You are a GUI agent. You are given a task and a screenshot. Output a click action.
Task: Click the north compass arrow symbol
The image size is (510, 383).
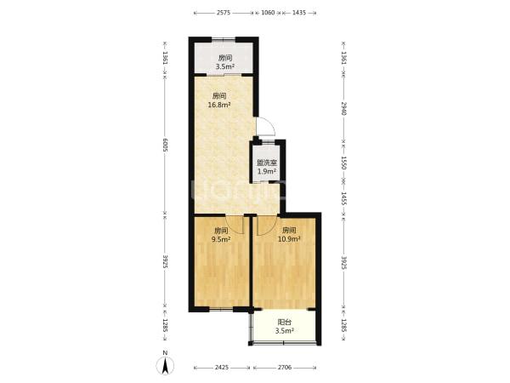(x=165, y=365)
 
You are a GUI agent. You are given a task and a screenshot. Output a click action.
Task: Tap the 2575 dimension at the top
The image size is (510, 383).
(x=224, y=13)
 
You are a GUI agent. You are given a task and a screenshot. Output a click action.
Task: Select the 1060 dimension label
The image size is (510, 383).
(x=268, y=13)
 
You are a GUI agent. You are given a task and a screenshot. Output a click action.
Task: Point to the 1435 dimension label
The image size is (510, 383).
(x=299, y=13)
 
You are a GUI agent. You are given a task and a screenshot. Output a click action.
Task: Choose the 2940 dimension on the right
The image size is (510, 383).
(x=344, y=108)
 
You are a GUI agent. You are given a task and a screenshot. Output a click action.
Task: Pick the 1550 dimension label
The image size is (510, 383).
(x=344, y=162)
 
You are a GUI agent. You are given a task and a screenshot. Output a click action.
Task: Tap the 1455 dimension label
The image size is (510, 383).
(x=344, y=198)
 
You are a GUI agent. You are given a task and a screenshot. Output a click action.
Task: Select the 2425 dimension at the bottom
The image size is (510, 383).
(x=222, y=368)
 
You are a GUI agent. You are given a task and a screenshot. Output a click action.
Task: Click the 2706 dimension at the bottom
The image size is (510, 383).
(x=285, y=368)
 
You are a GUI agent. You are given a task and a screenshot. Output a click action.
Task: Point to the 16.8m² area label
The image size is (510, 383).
(x=219, y=105)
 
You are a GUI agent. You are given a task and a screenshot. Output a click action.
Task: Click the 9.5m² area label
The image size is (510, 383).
(x=221, y=239)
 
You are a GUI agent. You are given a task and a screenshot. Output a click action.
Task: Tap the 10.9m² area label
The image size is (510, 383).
(x=289, y=239)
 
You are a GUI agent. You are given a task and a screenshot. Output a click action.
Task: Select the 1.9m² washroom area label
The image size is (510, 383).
(x=267, y=171)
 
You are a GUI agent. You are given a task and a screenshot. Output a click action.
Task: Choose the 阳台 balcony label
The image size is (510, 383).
(x=285, y=322)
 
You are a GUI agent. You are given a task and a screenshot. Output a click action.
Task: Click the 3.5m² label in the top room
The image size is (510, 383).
(x=225, y=67)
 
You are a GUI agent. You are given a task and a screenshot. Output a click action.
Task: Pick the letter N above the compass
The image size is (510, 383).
(x=165, y=353)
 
